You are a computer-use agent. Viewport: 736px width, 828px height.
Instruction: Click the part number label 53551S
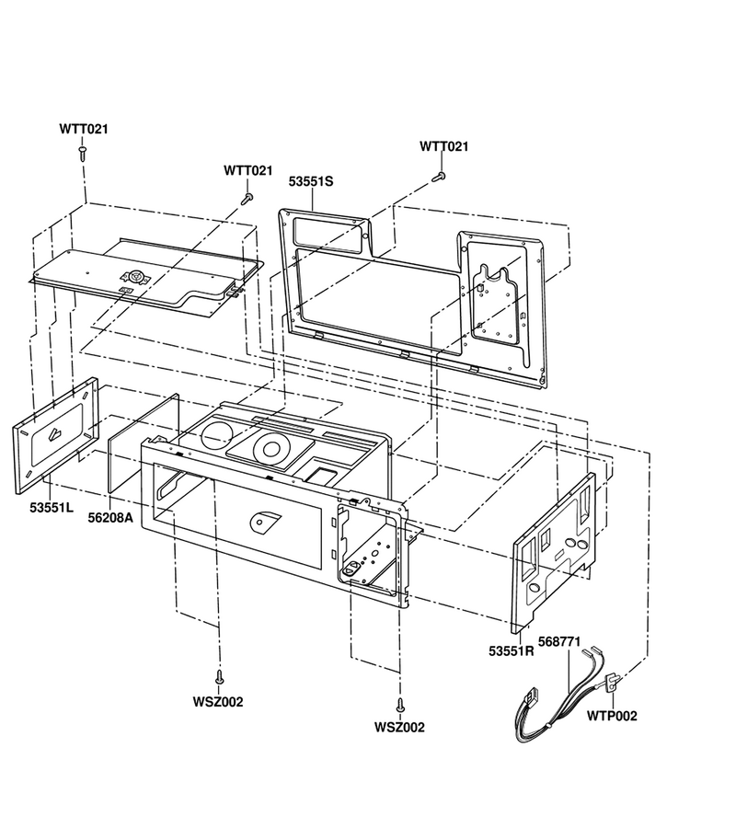coord(311,181)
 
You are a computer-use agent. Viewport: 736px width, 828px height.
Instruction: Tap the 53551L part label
coord(52,508)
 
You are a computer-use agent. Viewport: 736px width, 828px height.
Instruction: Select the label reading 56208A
coord(111,517)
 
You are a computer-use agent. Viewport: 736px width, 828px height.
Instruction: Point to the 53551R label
coord(512,651)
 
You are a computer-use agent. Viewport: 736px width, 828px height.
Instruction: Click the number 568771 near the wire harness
coord(559,641)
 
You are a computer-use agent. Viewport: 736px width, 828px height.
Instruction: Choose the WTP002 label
coord(612,716)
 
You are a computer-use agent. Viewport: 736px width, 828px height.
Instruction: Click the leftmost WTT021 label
coord(84,129)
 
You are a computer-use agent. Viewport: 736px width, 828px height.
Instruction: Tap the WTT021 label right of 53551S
coord(444,146)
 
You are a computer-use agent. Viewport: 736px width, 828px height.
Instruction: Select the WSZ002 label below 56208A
coord(218,702)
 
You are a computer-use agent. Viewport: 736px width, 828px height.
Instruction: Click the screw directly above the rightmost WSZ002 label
coord(400,705)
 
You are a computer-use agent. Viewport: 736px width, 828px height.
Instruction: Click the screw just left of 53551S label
coord(247,199)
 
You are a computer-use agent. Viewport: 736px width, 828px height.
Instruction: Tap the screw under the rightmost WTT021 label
coord(439,177)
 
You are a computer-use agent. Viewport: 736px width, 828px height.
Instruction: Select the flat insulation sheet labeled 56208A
coord(144,443)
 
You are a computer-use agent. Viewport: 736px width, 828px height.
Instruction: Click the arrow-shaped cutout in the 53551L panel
coord(56,434)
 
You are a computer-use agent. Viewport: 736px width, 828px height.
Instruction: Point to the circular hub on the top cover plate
coord(135,276)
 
